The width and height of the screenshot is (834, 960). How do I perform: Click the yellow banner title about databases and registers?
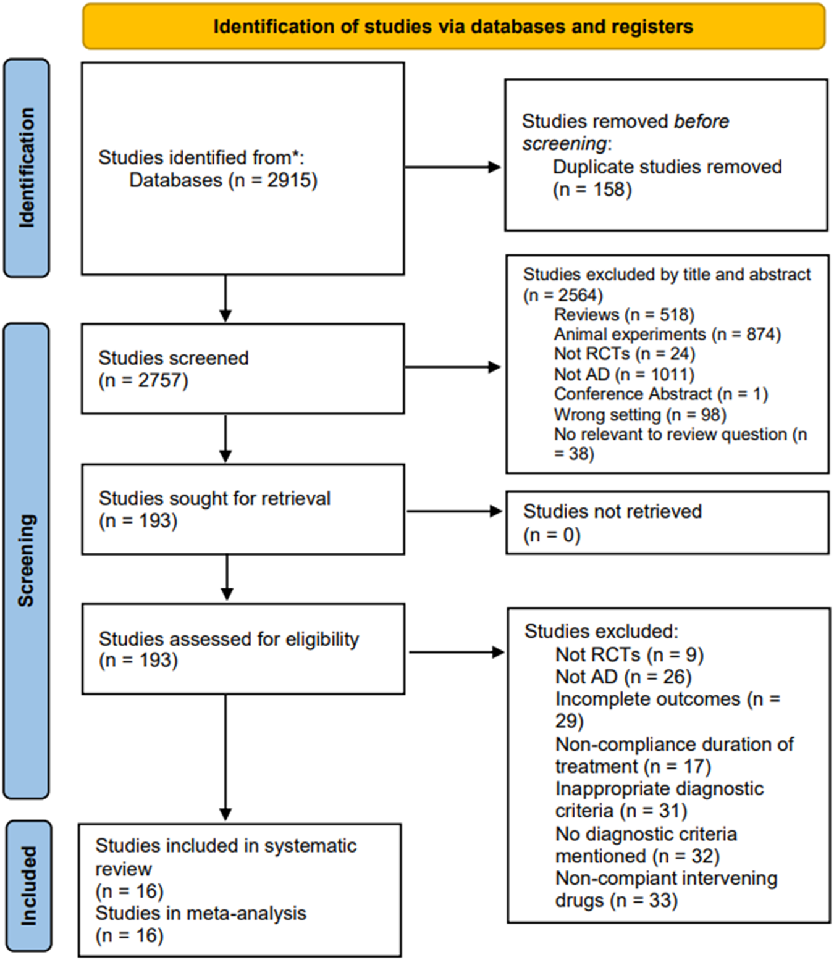point(453,27)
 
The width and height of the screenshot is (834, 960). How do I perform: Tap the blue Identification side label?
point(27,168)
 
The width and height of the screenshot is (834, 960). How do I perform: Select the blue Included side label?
point(28,885)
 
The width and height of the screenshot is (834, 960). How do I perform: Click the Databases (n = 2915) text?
point(223,180)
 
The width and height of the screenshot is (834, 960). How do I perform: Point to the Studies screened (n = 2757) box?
point(243,369)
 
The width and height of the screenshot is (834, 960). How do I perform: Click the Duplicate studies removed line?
point(667,167)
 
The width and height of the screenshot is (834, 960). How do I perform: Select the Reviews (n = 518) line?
point(624,315)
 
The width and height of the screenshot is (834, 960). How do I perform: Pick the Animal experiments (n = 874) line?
point(667,335)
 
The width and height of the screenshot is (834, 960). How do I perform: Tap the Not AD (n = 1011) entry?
point(624,374)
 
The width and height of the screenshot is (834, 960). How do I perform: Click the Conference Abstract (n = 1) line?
point(660,394)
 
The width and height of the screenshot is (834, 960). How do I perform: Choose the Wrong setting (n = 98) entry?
point(640,414)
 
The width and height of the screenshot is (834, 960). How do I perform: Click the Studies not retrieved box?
point(667,522)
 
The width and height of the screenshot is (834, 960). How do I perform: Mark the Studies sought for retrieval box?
point(243,509)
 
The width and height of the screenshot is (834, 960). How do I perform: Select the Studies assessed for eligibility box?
point(243,649)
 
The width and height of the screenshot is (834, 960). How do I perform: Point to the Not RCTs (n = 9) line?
point(629,654)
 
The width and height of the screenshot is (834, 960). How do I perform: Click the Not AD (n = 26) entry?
point(623,677)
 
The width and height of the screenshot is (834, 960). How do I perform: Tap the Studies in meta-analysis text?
point(201,913)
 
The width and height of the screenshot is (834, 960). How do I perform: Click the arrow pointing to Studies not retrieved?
point(454,511)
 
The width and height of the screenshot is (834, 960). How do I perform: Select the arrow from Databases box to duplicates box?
point(452,167)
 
